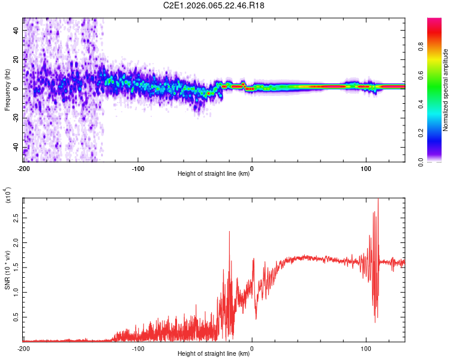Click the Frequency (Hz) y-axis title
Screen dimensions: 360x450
pyautogui.click(x=7, y=90)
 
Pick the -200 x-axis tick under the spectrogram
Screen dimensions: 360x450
pyautogui.click(x=23, y=167)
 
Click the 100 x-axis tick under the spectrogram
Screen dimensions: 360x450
pyautogui.click(x=365, y=167)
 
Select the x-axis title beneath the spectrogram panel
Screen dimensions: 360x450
pyautogui.click(x=214, y=174)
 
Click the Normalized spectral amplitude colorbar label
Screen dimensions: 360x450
pyautogui.click(x=446, y=90)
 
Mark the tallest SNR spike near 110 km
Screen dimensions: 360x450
pyautogui.click(x=378, y=200)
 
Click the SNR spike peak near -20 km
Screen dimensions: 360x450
pyautogui.click(x=229, y=232)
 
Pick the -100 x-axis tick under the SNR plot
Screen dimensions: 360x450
pyautogui.click(x=137, y=348)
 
